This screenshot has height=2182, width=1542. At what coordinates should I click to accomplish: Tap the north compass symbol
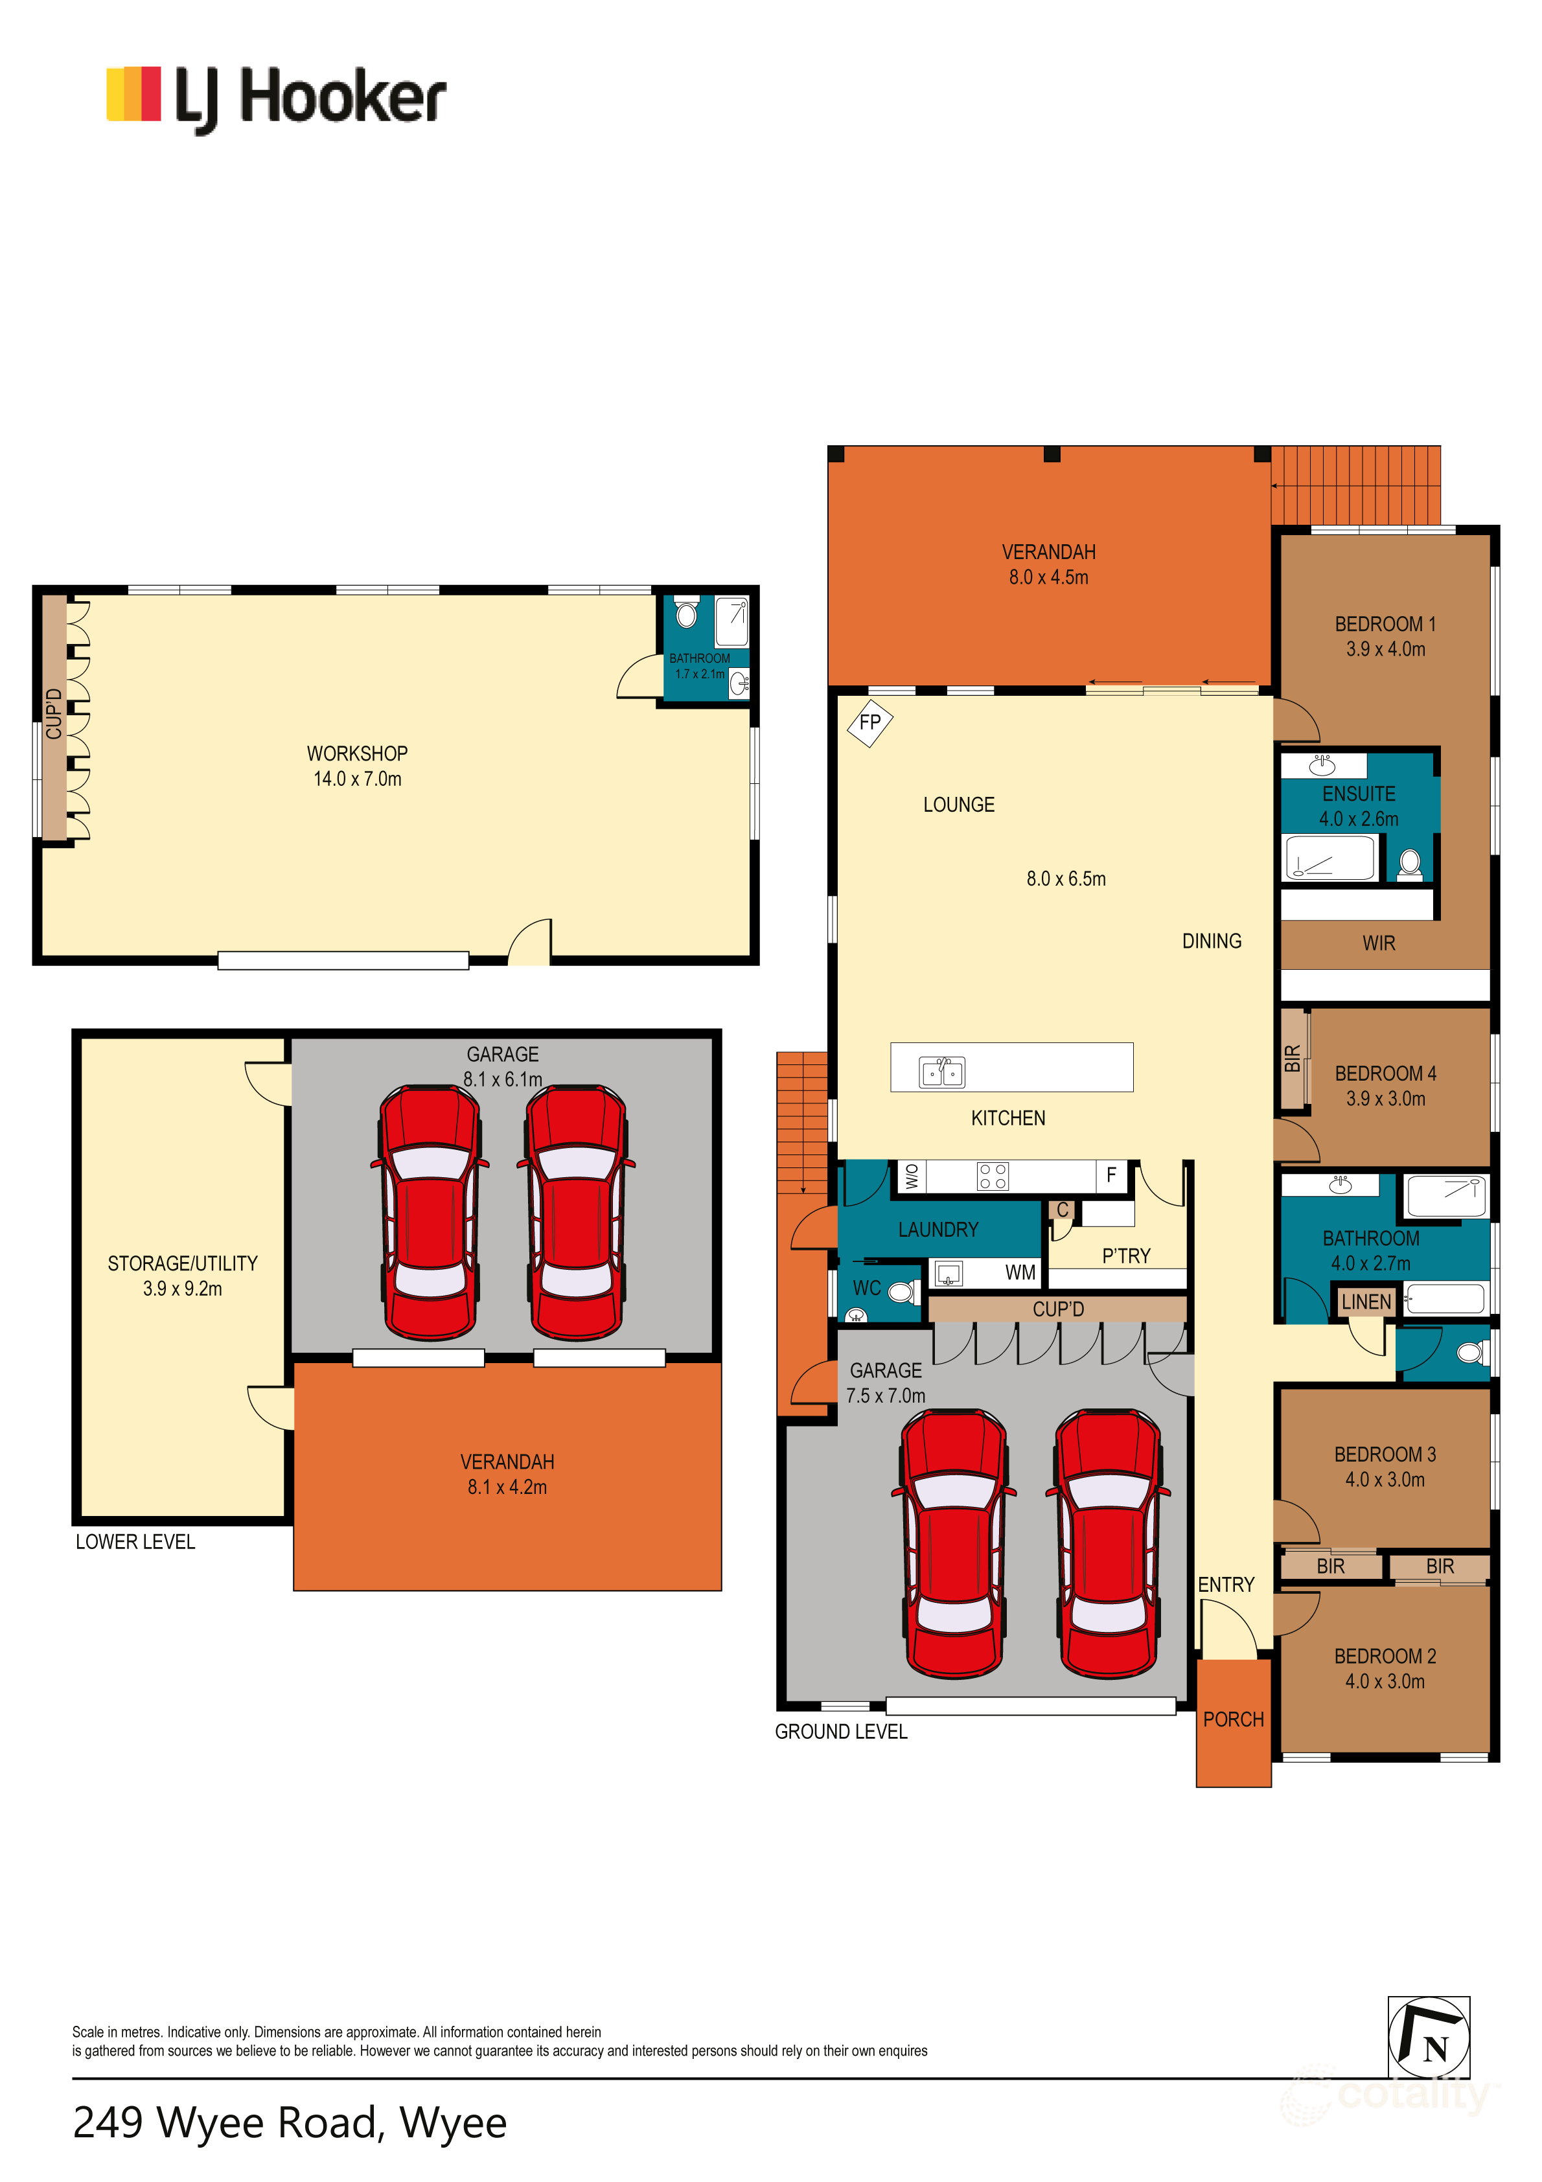click(x=1428, y=2038)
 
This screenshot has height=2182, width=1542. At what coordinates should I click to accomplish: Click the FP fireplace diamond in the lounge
click(x=869, y=722)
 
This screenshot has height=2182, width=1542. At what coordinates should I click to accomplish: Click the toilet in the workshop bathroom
click(x=685, y=613)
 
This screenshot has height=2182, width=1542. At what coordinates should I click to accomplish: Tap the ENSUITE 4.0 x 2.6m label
click(x=1359, y=806)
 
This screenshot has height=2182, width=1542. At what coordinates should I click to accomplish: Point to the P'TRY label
click(x=1125, y=1256)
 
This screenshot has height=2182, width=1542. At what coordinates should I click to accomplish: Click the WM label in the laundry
click(x=1020, y=1272)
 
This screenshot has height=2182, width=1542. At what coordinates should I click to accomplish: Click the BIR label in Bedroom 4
click(x=1292, y=1059)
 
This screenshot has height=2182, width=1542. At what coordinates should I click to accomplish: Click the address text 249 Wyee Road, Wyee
click(x=290, y=2123)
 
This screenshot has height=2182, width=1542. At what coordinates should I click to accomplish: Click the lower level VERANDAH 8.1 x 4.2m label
click(x=507, y=1474)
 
